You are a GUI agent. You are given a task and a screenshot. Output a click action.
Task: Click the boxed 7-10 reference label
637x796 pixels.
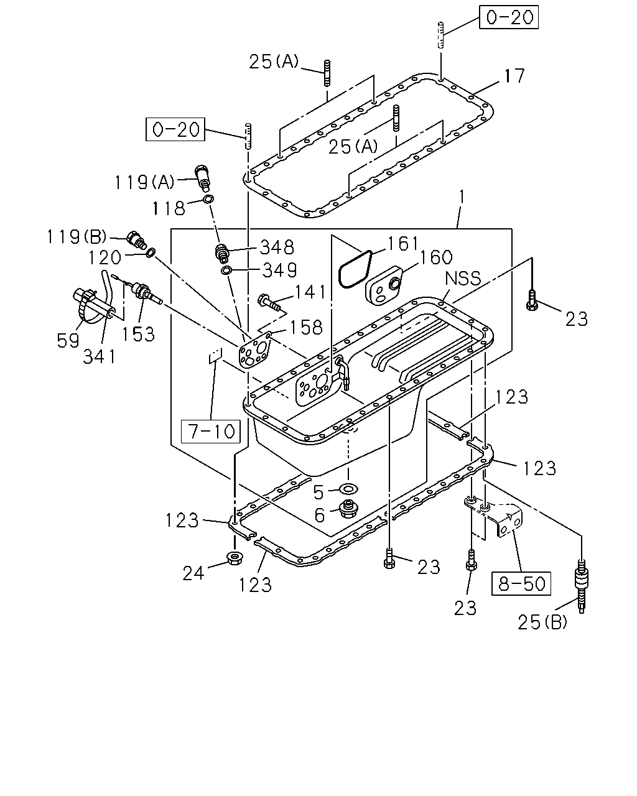210,432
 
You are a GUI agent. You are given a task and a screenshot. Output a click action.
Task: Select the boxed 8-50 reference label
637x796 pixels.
521,583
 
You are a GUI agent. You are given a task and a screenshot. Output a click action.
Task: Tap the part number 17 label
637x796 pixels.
514,76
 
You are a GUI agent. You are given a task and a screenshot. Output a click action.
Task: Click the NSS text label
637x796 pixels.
463,278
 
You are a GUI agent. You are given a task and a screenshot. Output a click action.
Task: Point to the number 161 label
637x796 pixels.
403,244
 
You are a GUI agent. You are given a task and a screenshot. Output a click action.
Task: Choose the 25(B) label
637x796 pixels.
542,622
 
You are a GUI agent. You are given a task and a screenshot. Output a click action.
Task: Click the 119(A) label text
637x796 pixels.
144,182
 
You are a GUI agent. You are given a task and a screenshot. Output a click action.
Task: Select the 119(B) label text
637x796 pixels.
77,237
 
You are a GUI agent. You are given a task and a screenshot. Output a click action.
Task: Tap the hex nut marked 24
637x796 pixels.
235,557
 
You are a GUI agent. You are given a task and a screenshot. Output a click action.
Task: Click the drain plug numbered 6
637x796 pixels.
348,509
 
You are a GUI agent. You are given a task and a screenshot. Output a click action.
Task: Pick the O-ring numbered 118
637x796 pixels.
208,200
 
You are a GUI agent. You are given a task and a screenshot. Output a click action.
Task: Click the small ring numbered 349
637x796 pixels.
226,271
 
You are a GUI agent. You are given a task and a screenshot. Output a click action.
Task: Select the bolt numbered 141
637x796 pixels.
269,301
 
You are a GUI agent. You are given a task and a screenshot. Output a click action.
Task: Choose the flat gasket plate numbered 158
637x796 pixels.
255,350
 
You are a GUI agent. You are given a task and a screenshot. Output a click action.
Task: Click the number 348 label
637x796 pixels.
277,248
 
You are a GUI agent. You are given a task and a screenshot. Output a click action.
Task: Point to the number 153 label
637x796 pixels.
137,335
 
